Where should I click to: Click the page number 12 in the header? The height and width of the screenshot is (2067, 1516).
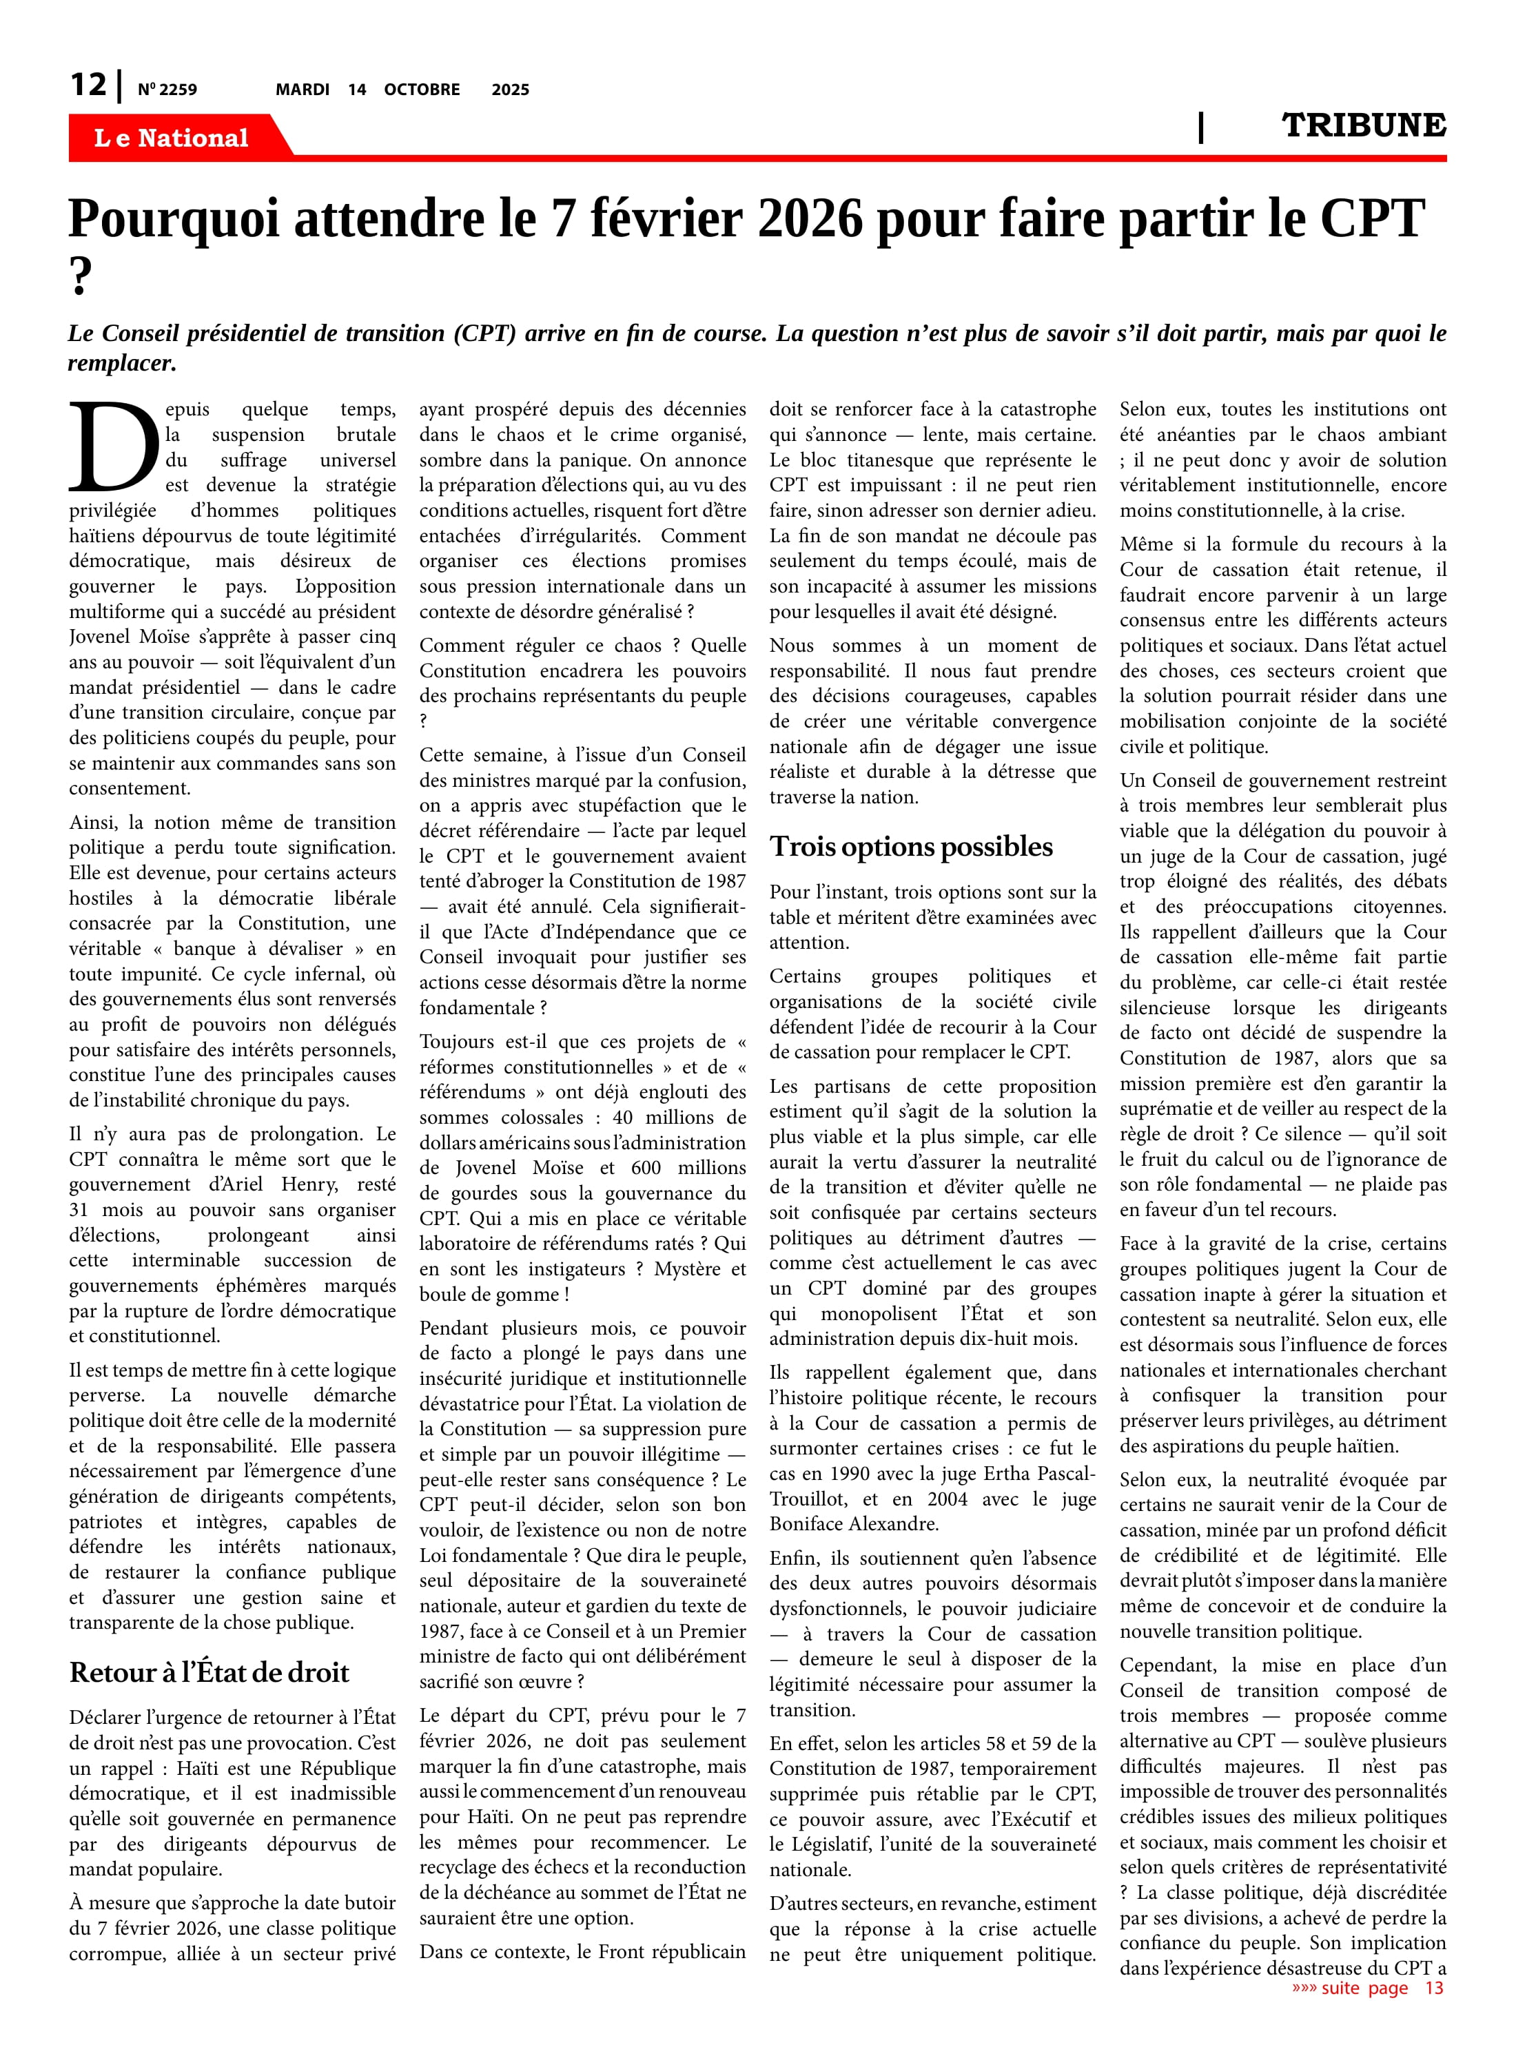point(88,85)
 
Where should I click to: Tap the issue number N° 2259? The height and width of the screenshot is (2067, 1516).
point(167,90)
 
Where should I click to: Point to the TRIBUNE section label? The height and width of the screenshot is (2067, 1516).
point(1363,125)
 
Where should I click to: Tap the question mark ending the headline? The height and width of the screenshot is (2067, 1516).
point(81,275)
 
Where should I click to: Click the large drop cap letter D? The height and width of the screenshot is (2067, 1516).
point(113,449)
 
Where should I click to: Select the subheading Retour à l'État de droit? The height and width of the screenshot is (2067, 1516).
point(209,1672)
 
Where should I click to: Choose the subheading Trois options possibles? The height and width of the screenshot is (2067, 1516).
point(910,847)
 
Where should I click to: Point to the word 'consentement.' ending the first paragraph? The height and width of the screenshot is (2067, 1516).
point(130,788)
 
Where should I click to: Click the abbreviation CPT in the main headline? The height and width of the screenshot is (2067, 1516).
point(1371,219)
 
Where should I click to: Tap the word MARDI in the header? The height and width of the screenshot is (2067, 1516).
point(302,90)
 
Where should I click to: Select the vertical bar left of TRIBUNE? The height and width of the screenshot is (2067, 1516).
point(1200,127)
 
